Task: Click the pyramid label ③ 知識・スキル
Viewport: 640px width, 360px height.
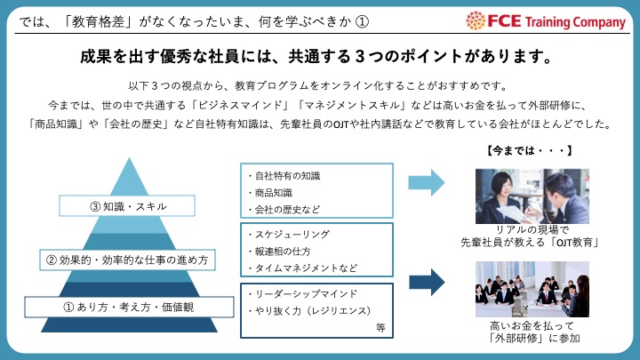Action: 128,206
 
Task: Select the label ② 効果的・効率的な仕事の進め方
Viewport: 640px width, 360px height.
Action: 128,260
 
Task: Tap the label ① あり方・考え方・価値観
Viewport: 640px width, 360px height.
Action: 128,307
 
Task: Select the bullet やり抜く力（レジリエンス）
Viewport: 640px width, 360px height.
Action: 306,310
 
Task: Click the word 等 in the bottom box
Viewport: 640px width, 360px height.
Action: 380,327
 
